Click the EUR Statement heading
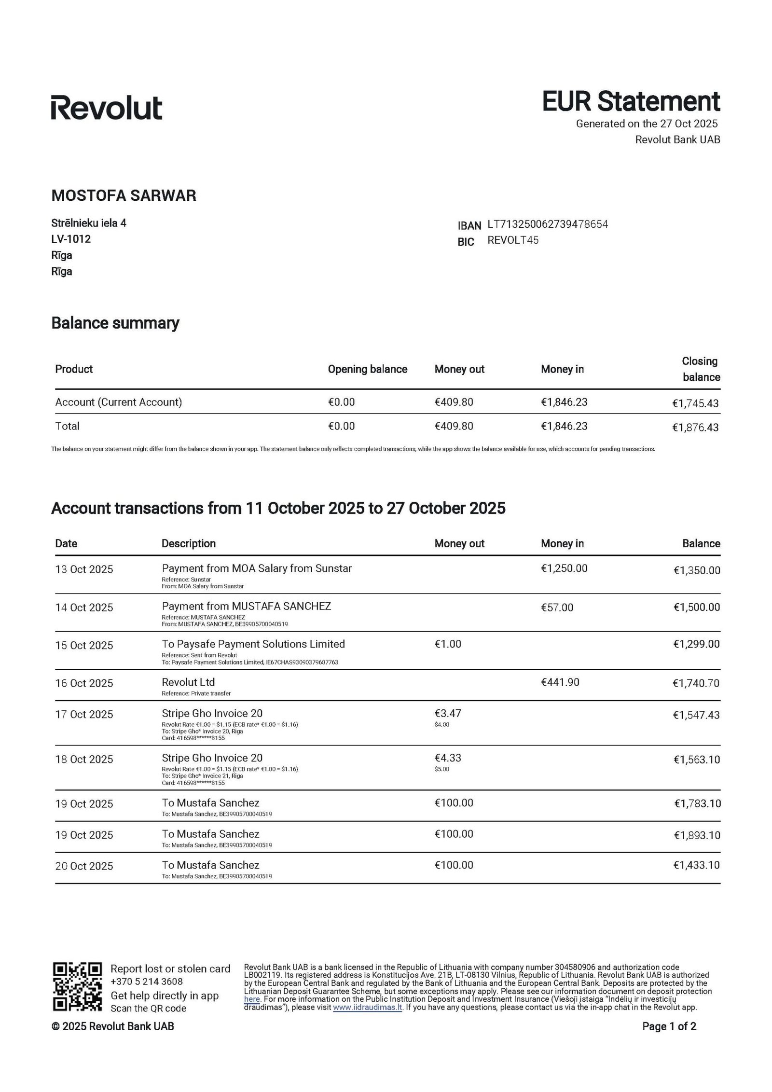pyautogui.click(x=631, y=101)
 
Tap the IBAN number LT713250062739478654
pyautogui.click(x=548, y=224)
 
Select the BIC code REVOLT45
pyautogui.click(x=513, y=240)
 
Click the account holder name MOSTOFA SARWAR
pyautogui.click(x=124, y=195)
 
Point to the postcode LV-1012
pyautogui.click(x=71, y=239)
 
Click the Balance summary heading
pyautogui.click(x=115, y=322)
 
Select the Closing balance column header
pyautogui.click(x=700, y=369)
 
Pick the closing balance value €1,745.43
pyautogui.click(x=695, y=403)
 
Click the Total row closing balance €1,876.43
pyautogui.click(x=695, y=428)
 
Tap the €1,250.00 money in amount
pyautogui.click(x=564, y=568)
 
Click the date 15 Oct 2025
pyautogui.click(x=84, y=646)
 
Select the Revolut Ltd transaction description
pyautogui.click(x=188, y=682)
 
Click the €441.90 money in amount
pyautogui.click(x=560, y=682)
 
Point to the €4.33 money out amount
pyautogui.click(x=448, y=758)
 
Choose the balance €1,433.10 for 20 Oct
pyautogui.click(x=696, y=865)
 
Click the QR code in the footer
pyautogui.click(x=77, y=987)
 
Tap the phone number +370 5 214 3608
pyautogui.click(x=147, y=981)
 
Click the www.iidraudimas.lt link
pyautogui.click(x=367, y=1008)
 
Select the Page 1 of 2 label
pyautogui.click(x=669, y=1027)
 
